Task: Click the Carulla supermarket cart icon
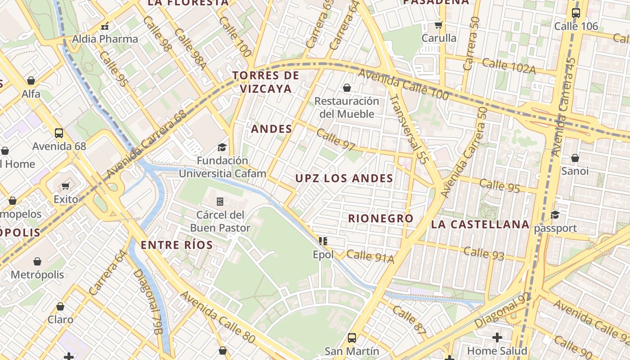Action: tap(439, 25)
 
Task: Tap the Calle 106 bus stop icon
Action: tap(576, 13)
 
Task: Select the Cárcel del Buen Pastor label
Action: tap(220, 221)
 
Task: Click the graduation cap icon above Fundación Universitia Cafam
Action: tap(222, 147)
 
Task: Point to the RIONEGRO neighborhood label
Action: tap(381, 218)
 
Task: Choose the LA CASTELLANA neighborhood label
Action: tap(480, 224)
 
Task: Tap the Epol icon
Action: tap(323, 241)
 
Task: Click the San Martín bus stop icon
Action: tap(352, 337)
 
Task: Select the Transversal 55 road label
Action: tap(408, 128)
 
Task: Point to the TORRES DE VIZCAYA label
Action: tap(266, 82)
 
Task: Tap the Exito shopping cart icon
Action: tap(66, 186)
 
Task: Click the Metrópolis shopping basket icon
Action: tap(37, 261)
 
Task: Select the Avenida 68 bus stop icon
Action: tap(59, 133)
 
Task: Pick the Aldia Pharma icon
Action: tap(105, 26)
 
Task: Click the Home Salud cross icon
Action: tap(497, 337)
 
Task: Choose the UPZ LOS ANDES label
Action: tap(344, 178)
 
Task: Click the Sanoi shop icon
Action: tap(575, 158)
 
